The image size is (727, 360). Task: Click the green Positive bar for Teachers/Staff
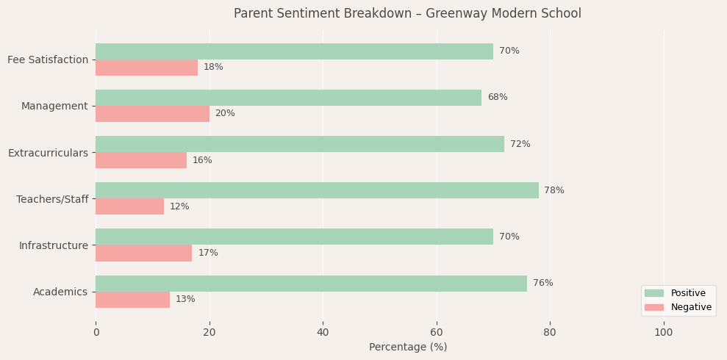point(317,190)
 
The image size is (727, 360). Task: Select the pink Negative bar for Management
point(152,114)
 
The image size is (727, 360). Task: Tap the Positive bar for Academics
point(311,284)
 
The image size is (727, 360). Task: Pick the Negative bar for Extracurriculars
point(141,160)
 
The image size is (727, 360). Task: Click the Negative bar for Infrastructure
point(143,253)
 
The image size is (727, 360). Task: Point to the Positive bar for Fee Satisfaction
point(294,51)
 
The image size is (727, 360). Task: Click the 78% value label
point(554,190)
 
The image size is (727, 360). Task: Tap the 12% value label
point(179,206)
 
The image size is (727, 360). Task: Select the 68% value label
point(498,98)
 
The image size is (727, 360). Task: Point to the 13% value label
point(185,300)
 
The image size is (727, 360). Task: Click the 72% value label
point(520,144)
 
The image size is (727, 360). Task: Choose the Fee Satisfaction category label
point(48,60)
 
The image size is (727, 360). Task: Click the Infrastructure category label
point(54,245)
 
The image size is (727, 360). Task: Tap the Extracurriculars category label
point(48,153)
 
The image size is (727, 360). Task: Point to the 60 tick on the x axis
point(437,332)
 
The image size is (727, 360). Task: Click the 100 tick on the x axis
point(664,332)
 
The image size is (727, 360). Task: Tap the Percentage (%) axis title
point(408,347)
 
